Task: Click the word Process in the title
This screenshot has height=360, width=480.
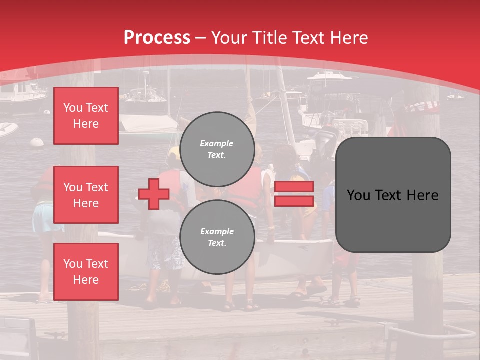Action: pyautogui.click(x=157, y=37)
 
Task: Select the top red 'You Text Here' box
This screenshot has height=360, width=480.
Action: pyautogui.click(x=86, y=116)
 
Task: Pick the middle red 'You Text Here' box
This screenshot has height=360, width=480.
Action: pyautogui.click(x=86, y=195)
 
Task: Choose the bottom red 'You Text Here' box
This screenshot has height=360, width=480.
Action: pyautogui.click(x=86, y=272)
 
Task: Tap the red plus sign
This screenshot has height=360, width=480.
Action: pyautogui.click(x=154, y=194)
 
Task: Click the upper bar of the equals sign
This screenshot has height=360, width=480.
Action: pyautogui.click(x=294, y=186)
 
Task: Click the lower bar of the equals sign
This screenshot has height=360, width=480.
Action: pyautogui.click(x=294, y=201)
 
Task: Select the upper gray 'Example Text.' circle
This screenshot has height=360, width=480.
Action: pyautogui.click(x=217, y=149)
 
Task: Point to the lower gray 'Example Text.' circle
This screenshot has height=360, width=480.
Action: pyautogui.click(x=217, y=237)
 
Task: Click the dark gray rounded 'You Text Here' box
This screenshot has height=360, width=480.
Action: pyautogui.click(x=393, y=195)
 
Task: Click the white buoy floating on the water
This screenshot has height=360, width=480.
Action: pyautogui.click(x=37, y=142)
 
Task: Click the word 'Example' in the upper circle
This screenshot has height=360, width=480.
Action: pyautogui.click(x=217, y=143)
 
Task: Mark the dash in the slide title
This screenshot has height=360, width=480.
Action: pyautogui.click(x=201, y=38)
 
